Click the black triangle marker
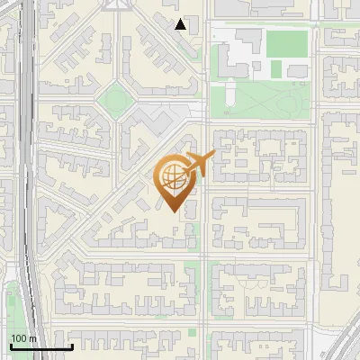pyautogui.click(x=181, y=24)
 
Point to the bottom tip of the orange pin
pyautogui.click(x=172, y=211)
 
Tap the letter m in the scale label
pyautogui.click(x=33, y=338)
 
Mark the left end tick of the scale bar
pyautogui.click(x=10, y=346)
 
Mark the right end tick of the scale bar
pyautogui.click(x=72, y=346)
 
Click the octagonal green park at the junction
pyautogui.click(x=114, y=98)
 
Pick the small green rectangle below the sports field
pyautogui.click(x=277, y=68)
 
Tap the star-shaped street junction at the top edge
pyautogui.click(x=114, y=4)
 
